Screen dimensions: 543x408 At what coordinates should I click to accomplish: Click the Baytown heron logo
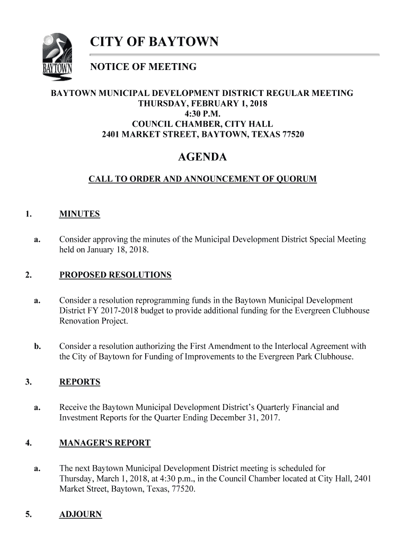point(57,57)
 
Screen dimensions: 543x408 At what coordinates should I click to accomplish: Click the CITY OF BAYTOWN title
point(154,42)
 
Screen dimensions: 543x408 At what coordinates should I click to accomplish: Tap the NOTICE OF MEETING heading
point(144,67)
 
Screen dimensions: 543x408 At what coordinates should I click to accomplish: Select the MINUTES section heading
point(79,214)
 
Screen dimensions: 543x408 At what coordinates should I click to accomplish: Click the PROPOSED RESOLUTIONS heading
point(115,275)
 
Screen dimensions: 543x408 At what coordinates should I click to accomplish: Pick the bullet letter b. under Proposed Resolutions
point(38,347)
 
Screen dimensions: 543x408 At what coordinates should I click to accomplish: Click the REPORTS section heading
point(79,382)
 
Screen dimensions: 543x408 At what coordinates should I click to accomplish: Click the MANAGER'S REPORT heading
point(105,443)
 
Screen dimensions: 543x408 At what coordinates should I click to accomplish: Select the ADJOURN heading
point(81,515)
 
